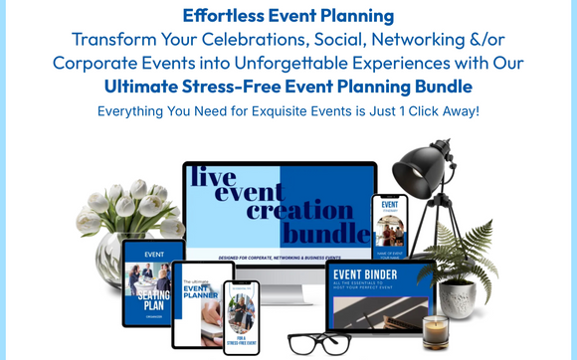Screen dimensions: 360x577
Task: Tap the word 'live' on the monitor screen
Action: point(212,178)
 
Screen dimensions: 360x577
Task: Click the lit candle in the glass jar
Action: point(435,331)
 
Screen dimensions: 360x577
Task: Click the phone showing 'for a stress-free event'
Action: point(241,317)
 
